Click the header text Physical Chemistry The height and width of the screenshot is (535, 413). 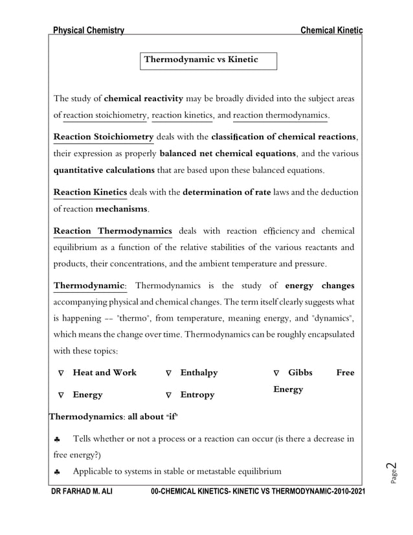[x=89, y=30]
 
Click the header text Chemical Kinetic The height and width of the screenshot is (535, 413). [x=331, y=30]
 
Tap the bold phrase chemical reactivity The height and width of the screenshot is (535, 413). [x=143, y=98]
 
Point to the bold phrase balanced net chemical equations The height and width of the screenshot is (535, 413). [x=227, y=154]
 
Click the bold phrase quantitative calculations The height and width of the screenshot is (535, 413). [x=104, y=170]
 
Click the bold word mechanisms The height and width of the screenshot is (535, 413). [x=122, y=209]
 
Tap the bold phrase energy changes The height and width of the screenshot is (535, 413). [x=319, y=285]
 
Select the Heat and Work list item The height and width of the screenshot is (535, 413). [x=104, y=373]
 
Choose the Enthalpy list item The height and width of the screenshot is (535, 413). [x=199, y=373]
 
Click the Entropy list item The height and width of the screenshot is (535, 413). [x=197, y=394]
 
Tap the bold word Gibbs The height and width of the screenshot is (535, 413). [x=300, y=373]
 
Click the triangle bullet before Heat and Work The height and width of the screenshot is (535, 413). [x=61, y=374]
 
